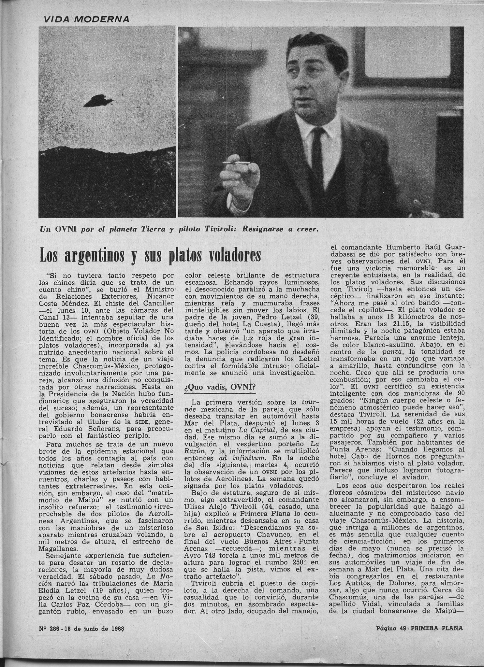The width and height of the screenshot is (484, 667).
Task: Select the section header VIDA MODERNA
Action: [x=86, y=19]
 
